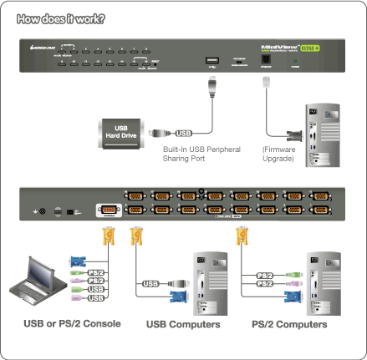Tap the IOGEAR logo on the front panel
tap(41, 49)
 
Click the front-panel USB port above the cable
tap(212, 61)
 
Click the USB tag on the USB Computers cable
tap(150, 284)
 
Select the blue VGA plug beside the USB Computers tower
tap(179, 296)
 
